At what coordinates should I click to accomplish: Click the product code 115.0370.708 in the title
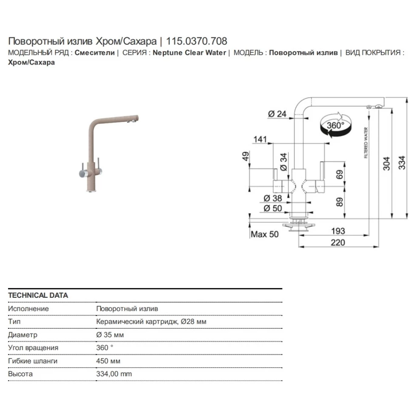tap(197, 41)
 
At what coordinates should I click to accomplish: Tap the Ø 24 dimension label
tap(278, 113)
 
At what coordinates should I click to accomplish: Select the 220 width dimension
tap(338, 243)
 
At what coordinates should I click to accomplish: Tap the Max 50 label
tap(265, 234)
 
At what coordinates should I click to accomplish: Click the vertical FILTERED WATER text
tap(366, 143)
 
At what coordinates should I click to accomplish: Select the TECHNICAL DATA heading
tap(38, 295)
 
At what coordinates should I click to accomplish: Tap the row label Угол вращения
tap(33, 347)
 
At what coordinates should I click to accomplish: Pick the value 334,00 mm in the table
tap(114, 374)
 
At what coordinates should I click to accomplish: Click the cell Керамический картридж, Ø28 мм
tap(151, 322)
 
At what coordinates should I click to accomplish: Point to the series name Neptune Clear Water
tap(189, 53)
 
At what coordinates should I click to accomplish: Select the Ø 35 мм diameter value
tap(110, 335)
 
